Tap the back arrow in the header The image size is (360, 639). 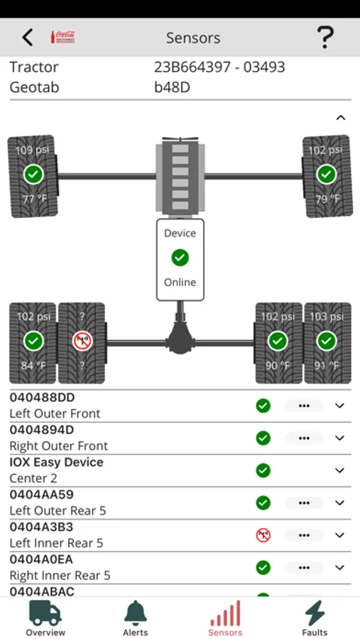(28, 38)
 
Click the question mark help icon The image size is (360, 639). (324, 37)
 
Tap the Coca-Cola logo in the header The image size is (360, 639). (63, 38)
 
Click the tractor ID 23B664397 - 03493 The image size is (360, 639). (219, 67)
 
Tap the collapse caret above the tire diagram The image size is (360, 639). (340, 118)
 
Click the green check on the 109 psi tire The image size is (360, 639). (33, 174)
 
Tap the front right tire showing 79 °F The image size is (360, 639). (327, 175)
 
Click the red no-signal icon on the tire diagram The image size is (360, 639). (82, 342)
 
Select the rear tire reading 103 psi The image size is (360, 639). (327, 342)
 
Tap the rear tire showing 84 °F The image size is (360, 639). (33, 342)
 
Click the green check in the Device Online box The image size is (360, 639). (180, 257)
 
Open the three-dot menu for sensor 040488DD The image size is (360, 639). (304, 406)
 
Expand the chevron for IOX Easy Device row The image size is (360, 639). (339, 471)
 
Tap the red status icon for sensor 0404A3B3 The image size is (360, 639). (263, 535)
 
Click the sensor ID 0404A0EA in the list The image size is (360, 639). (41, 559)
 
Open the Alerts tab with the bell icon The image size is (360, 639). (135, 618)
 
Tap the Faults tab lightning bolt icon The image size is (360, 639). (315, 618)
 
